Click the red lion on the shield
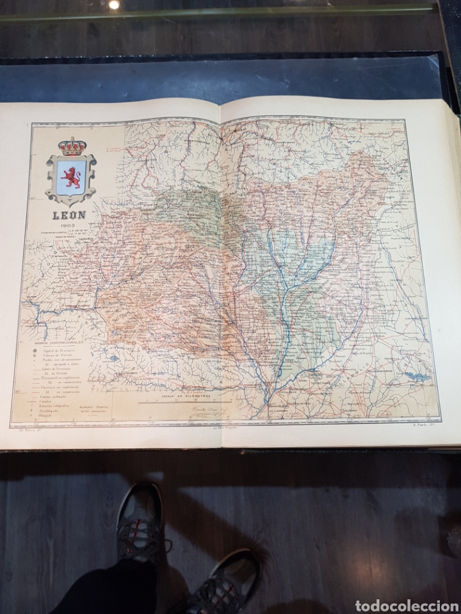(x=70, y=175)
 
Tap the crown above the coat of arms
(x=71, y=146)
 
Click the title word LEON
(x=69, y=216)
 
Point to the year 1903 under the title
(x=68, y=226)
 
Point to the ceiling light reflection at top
(x=113, y=5)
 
